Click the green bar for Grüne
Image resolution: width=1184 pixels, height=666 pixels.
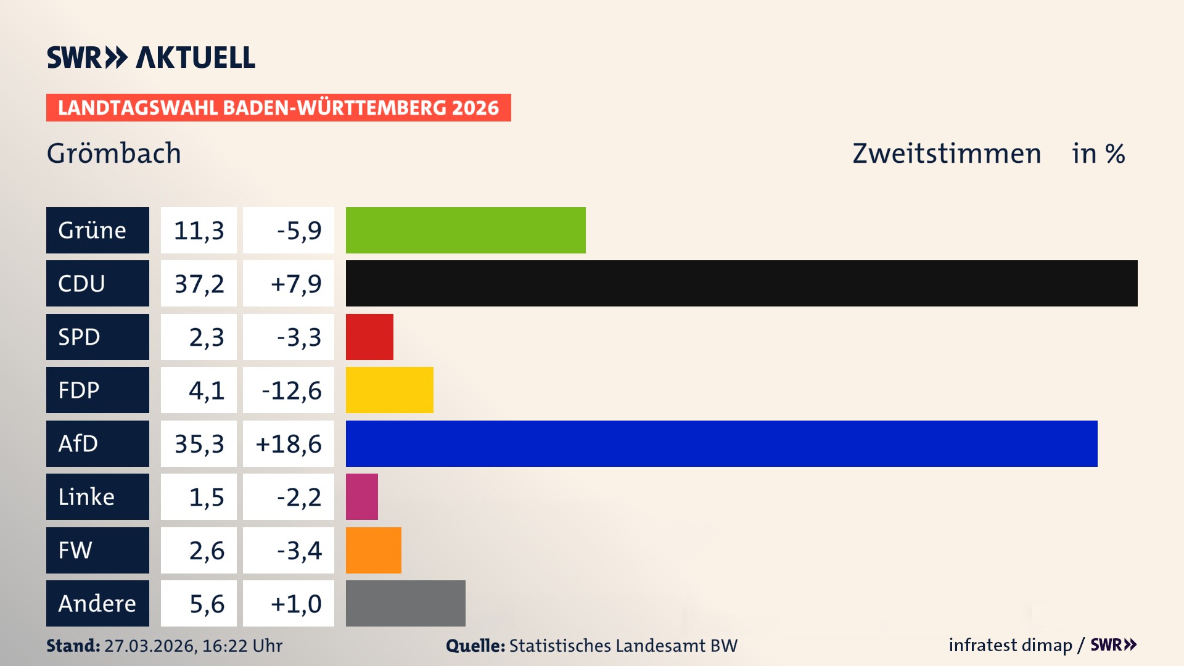466,230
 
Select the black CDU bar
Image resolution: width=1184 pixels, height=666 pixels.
741,284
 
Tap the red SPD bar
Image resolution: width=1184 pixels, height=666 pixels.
369,337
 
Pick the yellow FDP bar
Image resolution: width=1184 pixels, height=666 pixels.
389,390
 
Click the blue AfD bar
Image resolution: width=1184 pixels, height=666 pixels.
721,443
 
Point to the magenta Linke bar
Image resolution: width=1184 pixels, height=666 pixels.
362,497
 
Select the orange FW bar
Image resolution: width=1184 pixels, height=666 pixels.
373,550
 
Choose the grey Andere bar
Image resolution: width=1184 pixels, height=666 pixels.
405,603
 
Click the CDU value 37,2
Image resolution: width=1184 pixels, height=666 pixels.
199,284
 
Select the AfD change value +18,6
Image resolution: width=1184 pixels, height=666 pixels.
289,443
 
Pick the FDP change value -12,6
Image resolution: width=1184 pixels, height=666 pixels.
291,390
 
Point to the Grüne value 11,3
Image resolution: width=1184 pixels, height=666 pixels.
199,230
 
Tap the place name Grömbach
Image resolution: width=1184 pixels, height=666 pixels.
114,153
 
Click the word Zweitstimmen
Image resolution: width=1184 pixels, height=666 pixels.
947,153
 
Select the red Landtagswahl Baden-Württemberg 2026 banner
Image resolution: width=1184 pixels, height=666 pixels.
278,108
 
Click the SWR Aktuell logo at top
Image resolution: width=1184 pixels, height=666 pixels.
151,57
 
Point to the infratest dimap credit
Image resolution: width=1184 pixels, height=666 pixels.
1010,645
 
